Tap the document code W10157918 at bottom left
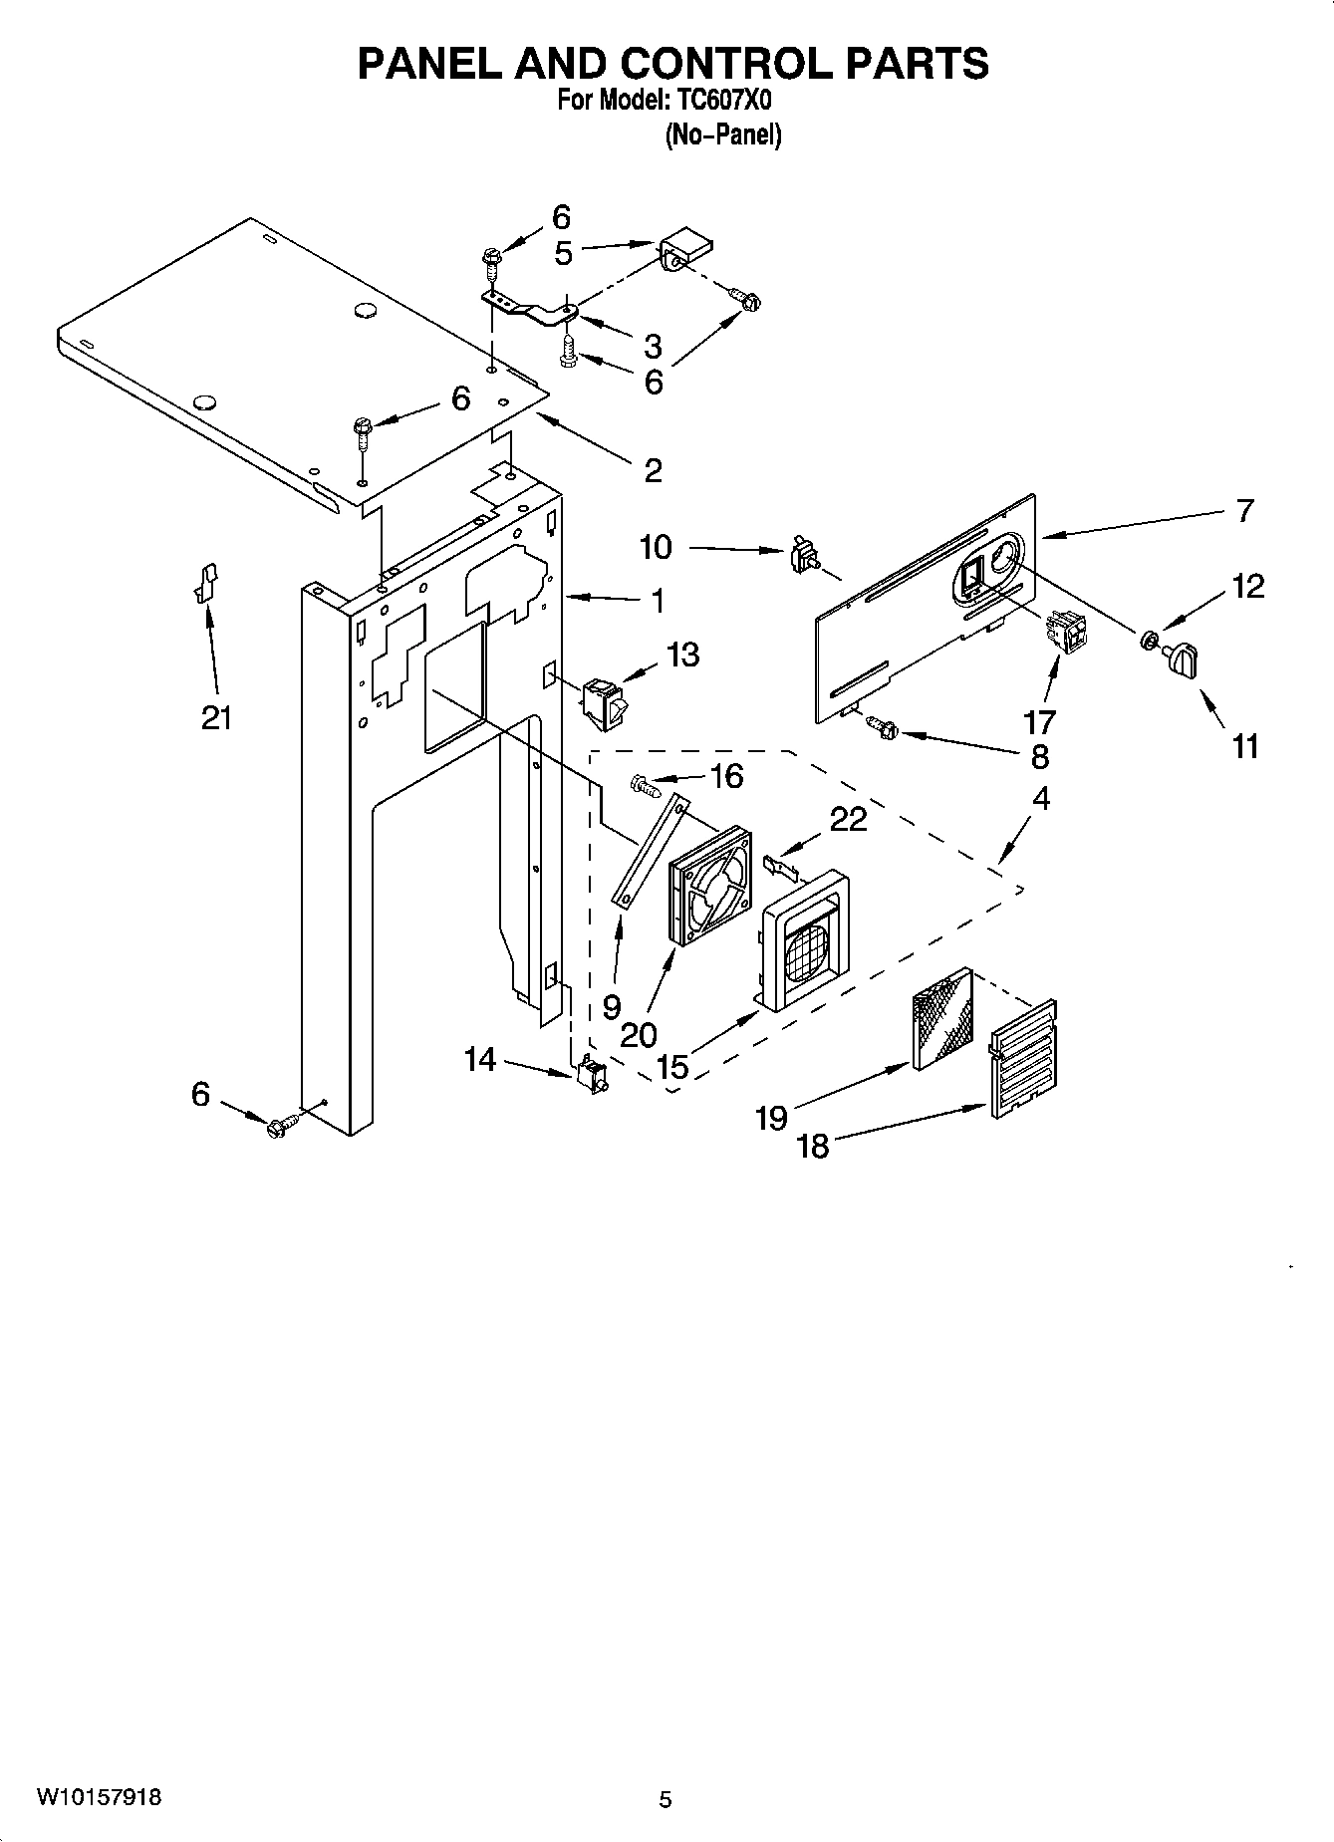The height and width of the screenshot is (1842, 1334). pyautogui.click(x=100, y=1797)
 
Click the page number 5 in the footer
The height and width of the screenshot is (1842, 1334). pyautogui.click(x=666, y=1799)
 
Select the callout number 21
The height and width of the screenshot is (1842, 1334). pyautogui.click(x=216, y=717)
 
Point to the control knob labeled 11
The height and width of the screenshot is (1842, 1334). pyautogui.click(x=1182, y=661)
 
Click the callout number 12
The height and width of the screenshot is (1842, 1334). pyautogui.click(x=1247, y=586)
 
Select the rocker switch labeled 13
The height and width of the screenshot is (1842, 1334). pyautogui.click(x=604, y=698)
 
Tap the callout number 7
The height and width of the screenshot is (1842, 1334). pyautogui.click(x=1244, y=511)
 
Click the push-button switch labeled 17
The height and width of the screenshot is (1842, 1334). pyautogui.click(x=1065, y=632)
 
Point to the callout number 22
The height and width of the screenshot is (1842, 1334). pyautogui.click(x=848, y=819)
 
